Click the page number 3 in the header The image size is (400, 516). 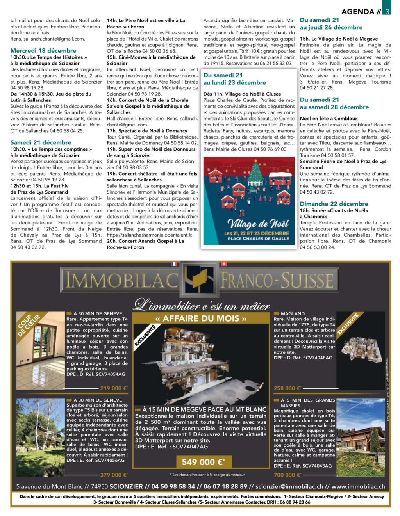387,11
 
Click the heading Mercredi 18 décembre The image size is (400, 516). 43,51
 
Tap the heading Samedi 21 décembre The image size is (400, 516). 41,143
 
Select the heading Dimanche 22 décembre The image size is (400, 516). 334,204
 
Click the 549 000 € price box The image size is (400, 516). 203,462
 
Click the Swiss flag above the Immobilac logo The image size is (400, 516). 223,264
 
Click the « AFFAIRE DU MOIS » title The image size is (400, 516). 201,319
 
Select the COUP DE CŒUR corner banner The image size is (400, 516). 29,325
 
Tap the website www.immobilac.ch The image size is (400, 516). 358,487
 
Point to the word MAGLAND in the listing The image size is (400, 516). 293,313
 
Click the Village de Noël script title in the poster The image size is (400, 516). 258,224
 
